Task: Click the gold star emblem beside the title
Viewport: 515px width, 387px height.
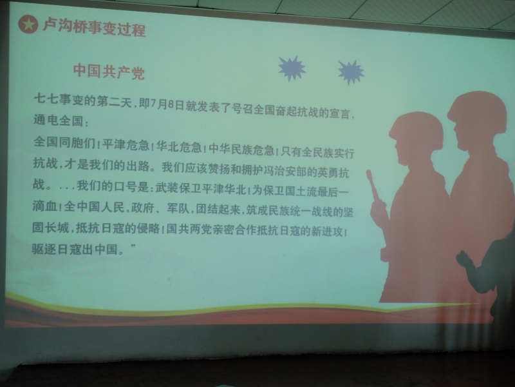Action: click(28, 24)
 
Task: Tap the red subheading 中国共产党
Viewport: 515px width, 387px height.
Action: click(109, 72)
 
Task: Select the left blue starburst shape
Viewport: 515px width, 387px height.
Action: click(292, 68)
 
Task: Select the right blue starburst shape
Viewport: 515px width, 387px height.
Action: click(351, 72)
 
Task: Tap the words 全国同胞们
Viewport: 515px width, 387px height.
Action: click(64, 142)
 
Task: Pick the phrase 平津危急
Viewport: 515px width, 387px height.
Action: click(126, 144)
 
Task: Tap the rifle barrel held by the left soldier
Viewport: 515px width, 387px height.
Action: click(373, 186)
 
